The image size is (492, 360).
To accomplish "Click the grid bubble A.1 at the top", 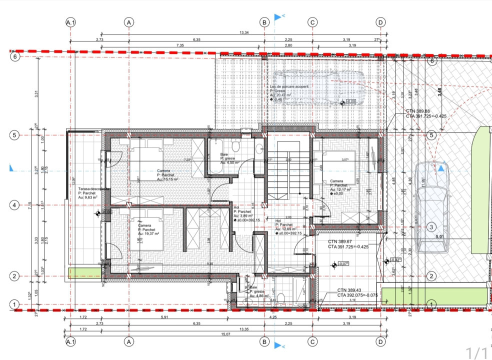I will (x=70, y=22).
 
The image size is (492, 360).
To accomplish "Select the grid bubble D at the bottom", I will (x=381, y=341).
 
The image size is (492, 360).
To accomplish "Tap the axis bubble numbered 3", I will (x=431, y=227).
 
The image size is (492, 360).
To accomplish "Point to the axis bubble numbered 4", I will (x=15, y=205).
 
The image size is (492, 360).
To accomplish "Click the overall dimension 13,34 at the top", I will (x=244, y=33).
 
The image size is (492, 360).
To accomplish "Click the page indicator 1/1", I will (x=476, y=353).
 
